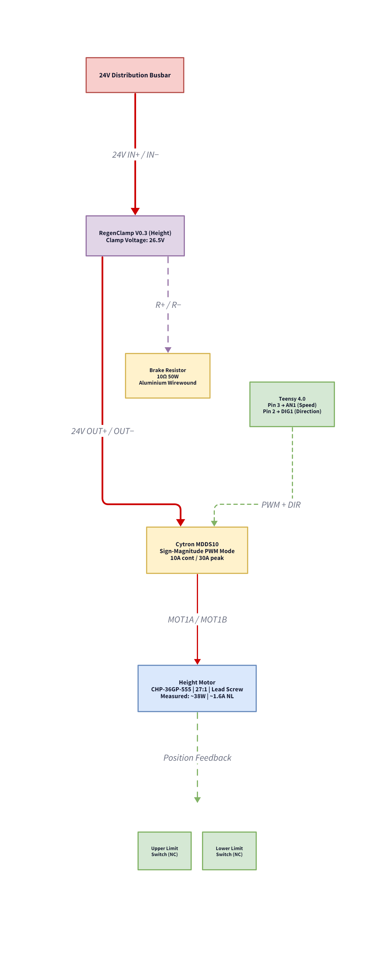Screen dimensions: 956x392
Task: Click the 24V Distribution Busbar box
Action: point(135,75)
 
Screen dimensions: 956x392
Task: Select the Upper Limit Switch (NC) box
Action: point(164,851)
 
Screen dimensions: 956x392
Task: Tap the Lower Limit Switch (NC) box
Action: point(229,851)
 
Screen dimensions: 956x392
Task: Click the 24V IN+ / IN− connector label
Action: point(135,155)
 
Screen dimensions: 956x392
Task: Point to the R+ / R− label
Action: point(168,305)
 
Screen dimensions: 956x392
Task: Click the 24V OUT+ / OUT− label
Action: point(102,431)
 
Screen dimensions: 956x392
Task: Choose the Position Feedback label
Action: point(197,758)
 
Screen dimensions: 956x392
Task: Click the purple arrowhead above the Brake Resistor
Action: point(168,350)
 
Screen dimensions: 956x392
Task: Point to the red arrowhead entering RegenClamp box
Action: point(135,211)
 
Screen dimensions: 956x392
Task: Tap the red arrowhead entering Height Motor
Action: point(197,661)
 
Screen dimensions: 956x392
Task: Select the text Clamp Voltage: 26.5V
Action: point(135,240)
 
